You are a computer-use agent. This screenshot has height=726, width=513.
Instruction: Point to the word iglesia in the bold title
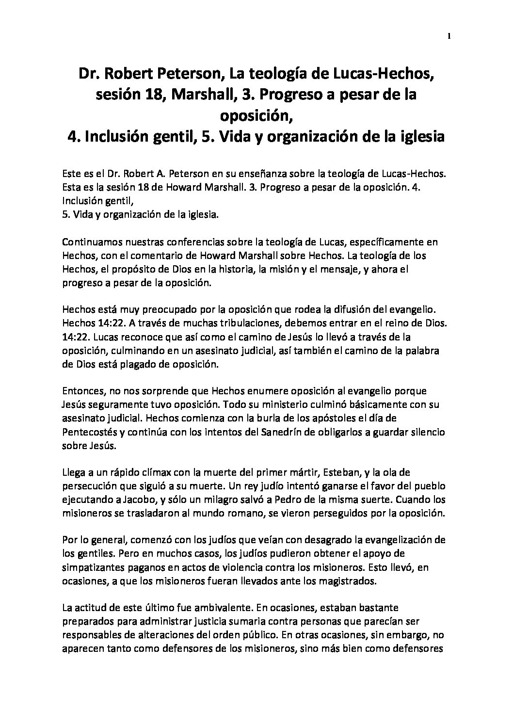(418, 137)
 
